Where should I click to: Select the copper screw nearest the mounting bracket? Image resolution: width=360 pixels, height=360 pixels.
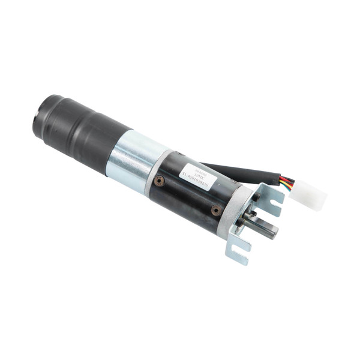pyautogui.click(x=215, y=211)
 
